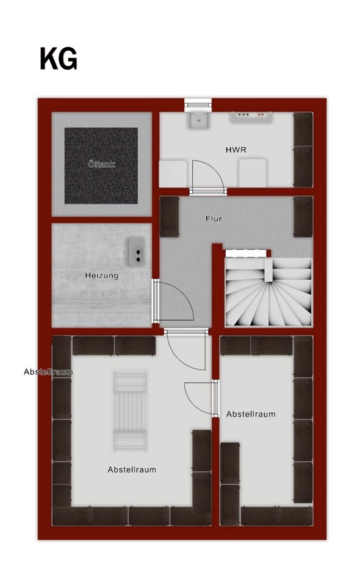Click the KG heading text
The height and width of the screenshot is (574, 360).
coord(59,59)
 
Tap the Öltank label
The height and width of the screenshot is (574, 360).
coord(101,164)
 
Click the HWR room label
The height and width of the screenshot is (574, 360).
coord(236,150)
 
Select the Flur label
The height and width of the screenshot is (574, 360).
coord(214,219)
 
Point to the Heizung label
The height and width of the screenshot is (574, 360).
coord(102,275)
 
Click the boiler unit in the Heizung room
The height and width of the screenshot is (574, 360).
coord(135,251)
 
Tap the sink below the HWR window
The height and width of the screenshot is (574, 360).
coord(198,120)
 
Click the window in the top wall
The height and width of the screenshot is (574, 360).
coord(198,104)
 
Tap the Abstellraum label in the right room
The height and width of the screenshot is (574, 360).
coord(251,414)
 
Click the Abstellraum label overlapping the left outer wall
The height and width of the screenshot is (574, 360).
coord(48,372)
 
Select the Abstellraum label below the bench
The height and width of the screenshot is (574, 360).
coord(132,470)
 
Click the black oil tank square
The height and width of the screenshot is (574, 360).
coord(101,165)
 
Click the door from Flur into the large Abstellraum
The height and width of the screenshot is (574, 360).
coord(186,350)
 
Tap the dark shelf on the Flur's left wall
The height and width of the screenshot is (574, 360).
coord(170,217)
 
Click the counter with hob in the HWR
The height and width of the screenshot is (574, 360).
coord(251,117)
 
